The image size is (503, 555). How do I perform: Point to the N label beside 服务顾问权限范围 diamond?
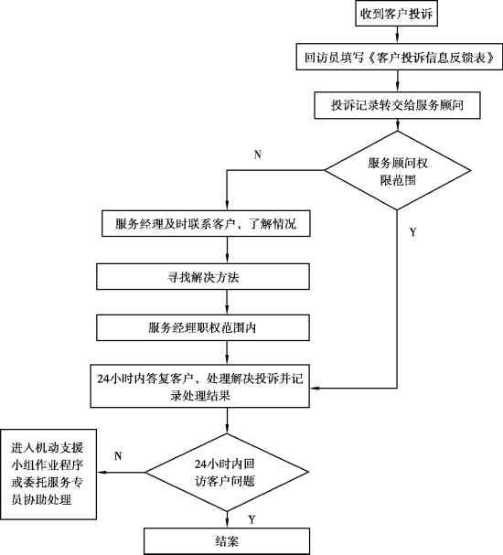coord(258,155)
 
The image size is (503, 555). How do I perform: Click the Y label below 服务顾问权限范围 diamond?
coord(413,232)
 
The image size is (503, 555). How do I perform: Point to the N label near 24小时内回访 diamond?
coord(118,456)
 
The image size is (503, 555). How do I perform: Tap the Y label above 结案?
coord(251,519)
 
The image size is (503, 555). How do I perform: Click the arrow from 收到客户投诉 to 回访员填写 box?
coord(397,35)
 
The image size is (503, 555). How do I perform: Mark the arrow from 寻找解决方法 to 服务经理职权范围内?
coord(227,303)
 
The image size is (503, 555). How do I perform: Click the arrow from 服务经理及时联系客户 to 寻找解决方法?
coord(227,250)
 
